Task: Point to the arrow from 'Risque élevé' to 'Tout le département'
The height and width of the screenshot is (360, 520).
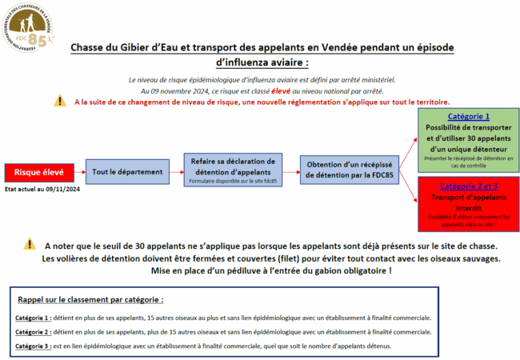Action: click(x=78, y=172)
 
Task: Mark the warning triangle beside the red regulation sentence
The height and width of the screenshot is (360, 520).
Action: click(x=60, y=102)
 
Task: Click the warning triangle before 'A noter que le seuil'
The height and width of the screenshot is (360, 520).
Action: click(x=30, y=244)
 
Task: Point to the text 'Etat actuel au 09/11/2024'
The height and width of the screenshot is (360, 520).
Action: click(x=42, y=190)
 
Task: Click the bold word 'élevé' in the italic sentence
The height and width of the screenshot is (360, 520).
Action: click(x=290, y=91)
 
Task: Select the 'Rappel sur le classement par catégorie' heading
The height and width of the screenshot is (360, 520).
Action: click(x=90, y=300)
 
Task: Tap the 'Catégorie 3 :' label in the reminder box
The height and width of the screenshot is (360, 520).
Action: click(x=32, y=346)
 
